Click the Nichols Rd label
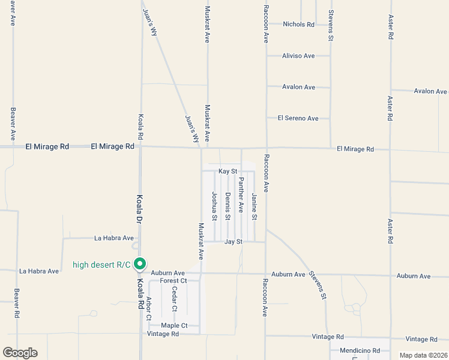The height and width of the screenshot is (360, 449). click(298, 25)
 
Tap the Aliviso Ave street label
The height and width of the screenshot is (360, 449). click(298, 56)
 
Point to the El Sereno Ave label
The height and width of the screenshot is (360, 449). click(298, 118)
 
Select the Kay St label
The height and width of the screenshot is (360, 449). click(229, 172)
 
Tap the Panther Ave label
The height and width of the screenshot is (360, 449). click(241, 195)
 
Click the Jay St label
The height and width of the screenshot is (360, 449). click(233, 242)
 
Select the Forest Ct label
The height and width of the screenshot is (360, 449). click(174, 280)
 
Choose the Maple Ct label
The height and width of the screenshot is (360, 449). click(174, 326)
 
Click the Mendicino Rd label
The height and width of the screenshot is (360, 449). click(360, 350)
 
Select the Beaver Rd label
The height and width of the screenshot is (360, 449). click(16, 305)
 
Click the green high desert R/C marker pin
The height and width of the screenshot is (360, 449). click(140, 263)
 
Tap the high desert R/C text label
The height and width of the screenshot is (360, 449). click(101, 265)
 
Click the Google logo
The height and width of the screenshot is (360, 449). click(20, 353)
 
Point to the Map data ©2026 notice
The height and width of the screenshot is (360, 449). click(424, 355)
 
